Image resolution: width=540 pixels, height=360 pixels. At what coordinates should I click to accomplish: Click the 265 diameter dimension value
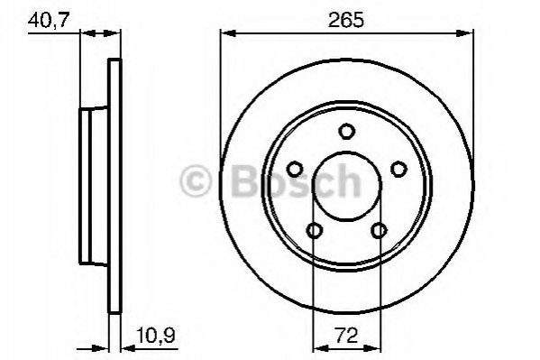tap(346, 20)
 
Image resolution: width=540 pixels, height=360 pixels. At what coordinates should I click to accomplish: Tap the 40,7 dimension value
tap(49, 20)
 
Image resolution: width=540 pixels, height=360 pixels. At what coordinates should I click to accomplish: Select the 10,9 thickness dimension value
tap(156, 335)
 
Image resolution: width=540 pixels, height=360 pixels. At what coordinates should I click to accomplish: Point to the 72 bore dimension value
tap(346, 336)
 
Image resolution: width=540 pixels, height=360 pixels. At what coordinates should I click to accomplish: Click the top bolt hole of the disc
tap(346, 132)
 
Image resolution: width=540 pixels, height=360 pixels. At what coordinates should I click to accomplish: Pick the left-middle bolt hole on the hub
tap(295, 169)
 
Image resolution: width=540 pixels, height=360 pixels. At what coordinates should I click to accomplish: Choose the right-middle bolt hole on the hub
tap(398, 169)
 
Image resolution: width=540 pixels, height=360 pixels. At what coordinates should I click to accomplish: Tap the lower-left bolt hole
tap(314, 230)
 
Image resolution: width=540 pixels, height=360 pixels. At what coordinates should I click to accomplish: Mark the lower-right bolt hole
tap(379, 230)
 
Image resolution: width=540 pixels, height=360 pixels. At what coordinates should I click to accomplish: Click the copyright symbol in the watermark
tap(196, 180)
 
